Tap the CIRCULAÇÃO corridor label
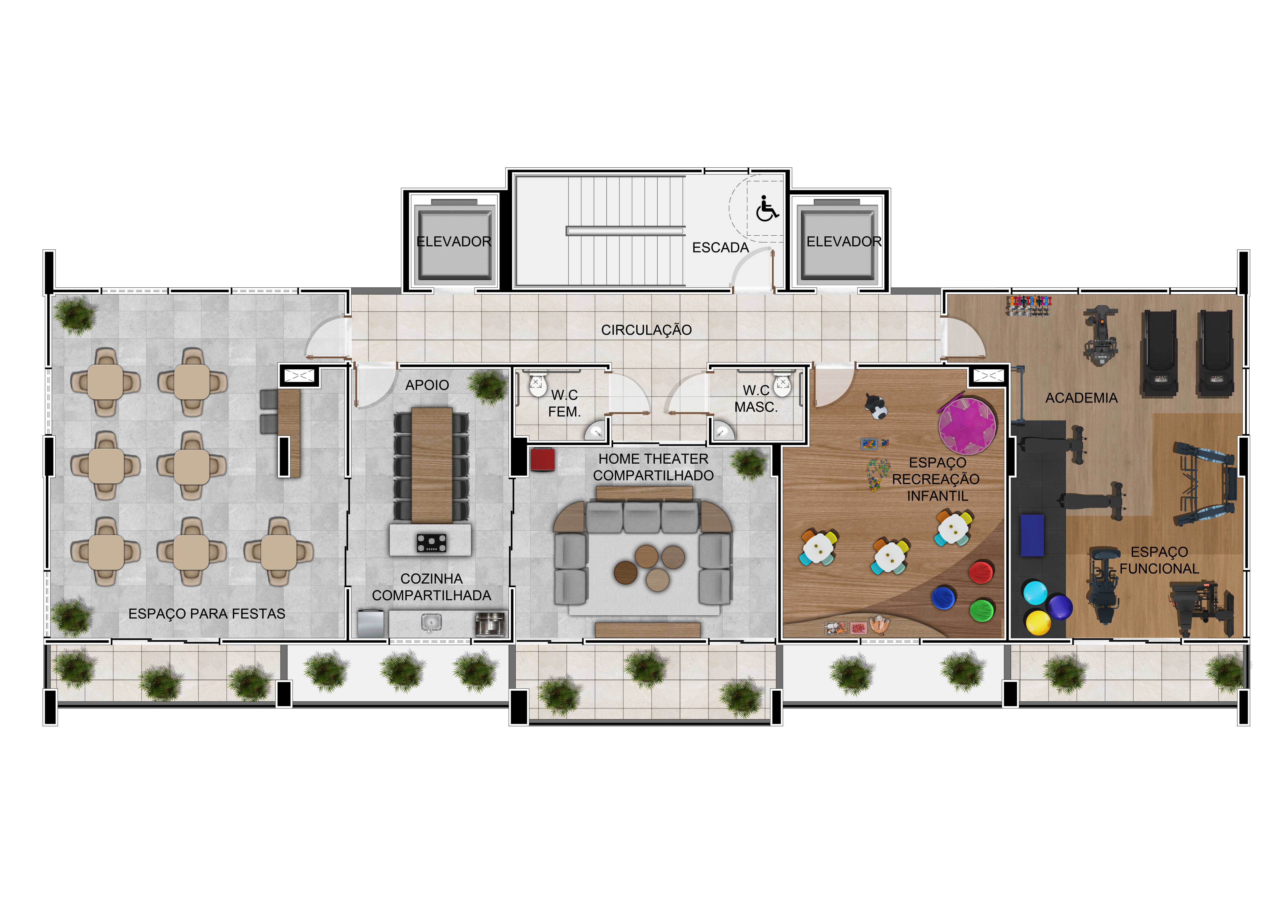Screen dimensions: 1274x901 point(646,330)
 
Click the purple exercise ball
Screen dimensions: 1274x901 point(1060,606)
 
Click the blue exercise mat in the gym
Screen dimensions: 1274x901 point(1032,535)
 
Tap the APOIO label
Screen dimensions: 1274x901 point(427,385)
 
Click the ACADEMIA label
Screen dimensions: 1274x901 point(1081,398)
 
